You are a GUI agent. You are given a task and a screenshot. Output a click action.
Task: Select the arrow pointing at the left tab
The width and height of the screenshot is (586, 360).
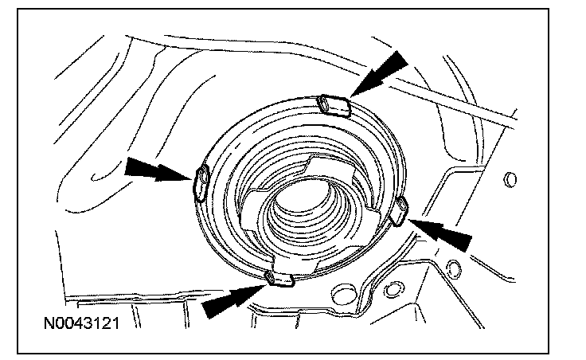[x=152, y=169]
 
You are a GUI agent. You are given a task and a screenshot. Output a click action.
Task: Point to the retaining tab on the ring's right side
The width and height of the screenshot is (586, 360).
[x=400, y=209]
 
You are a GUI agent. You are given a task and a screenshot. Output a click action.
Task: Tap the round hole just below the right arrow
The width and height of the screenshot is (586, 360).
[x=454, y=266]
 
